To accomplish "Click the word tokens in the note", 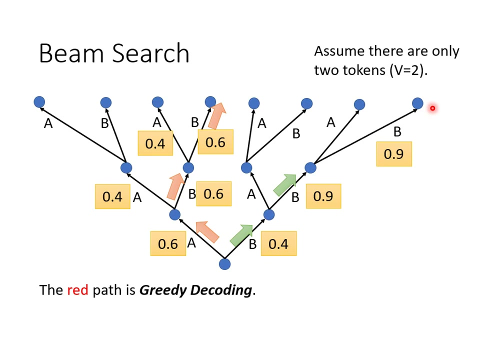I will point(364,70).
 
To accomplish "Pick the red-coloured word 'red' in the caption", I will point(77,290).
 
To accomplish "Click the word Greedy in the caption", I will point(163,290).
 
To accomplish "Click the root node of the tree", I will point(225,263).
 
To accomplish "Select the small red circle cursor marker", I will point(432,108).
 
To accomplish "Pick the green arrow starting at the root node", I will point(242,234).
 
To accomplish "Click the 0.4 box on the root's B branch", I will point(278,243).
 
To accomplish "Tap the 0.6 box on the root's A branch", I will point(168,243).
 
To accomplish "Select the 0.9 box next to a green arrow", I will point(323,196).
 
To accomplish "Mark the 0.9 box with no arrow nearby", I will point(394,154).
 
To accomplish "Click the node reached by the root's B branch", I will point(269,214).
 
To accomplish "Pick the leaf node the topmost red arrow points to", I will point(210,102).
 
